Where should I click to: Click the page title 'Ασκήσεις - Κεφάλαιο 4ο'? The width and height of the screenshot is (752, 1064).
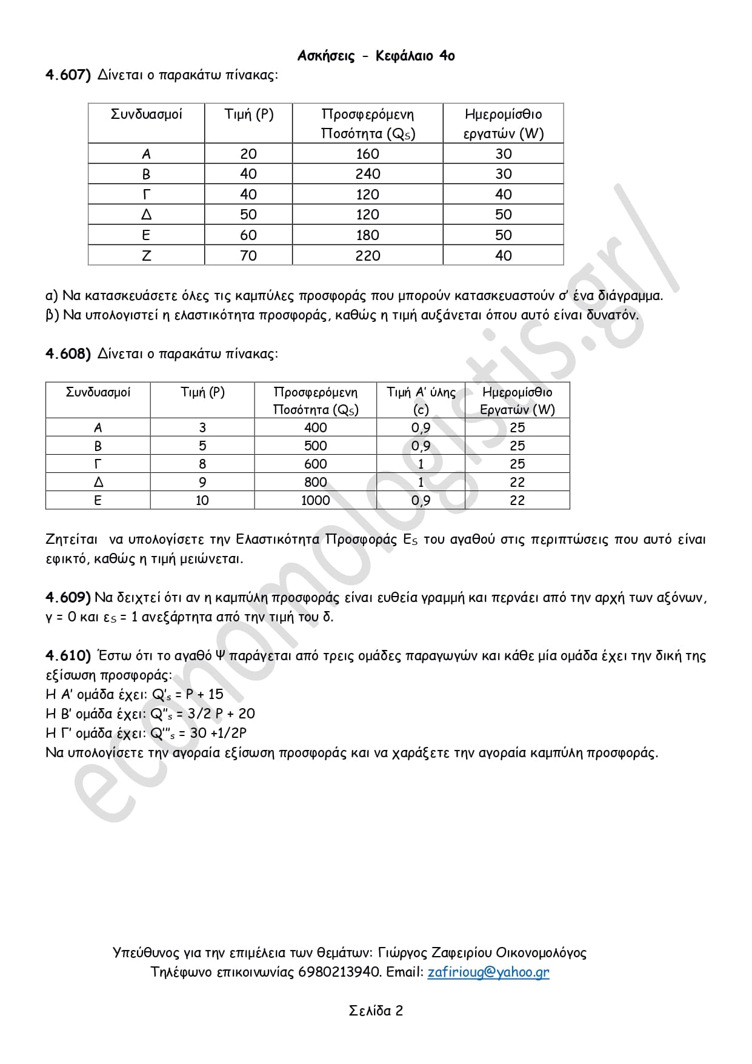[x=376, y=56]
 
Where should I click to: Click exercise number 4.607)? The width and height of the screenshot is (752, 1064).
[x=68, y=75]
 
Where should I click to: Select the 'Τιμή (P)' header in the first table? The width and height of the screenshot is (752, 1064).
[x=248, y=115]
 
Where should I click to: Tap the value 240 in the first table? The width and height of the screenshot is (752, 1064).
[x=367, y=174]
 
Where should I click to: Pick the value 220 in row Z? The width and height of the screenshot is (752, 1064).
[x=367, y=256]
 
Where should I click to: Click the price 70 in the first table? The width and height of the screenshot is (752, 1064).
[x=248, y=256]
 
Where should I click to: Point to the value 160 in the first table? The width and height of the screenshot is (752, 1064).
[x=367, y=154]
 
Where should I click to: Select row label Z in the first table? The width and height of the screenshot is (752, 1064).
[x=146, y=256]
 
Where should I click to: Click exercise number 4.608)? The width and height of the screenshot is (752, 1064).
[x=68, y=354]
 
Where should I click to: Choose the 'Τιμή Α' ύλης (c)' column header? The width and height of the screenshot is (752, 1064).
[x=421, y=400]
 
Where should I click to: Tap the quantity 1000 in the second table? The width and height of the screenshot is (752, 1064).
[x=315, y=501]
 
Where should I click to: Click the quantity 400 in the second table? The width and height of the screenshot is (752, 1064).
[x=315, y=428]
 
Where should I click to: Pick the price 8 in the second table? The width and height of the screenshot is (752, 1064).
[x=202, y=464]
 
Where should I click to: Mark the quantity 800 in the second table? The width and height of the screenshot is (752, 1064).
[x=315, y=483]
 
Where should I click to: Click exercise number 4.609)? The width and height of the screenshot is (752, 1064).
[x=68, y=598]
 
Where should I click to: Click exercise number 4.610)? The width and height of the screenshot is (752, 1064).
[x=68, y=656]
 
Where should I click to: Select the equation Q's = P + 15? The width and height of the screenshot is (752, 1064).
[x=187, y=695]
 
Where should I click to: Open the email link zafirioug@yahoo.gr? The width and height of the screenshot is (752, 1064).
[x=488, y=972]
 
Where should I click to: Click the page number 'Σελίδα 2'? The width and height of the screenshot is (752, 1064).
[x=376, y=1011]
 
